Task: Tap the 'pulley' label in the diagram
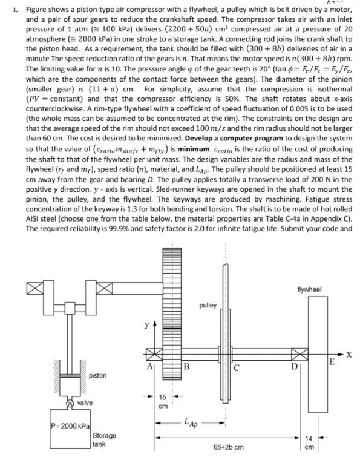(x=207, y=306)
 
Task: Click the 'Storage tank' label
(x=105, y=439)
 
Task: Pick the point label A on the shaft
(x=149, y=365)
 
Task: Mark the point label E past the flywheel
(x=332, y=363)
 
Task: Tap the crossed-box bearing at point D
(x=297, y=352)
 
